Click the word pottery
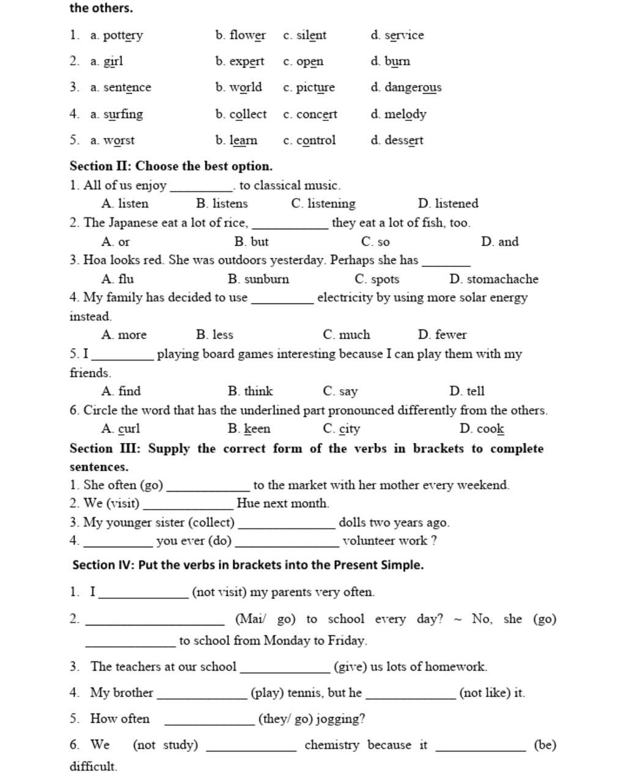pos(123,35)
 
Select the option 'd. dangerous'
pos(406,87)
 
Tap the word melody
pos(405,114)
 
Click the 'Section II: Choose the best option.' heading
pos(171,166)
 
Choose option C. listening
pos(323,203)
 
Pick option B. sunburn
pos(259,279)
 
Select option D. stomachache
pos(494,279)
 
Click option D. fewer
pos(442,335)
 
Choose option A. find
pos(121,391)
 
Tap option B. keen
pos(249,429)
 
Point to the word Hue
pos(248,503)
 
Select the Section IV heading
pos(248,565)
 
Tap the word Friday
pos(347,641)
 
